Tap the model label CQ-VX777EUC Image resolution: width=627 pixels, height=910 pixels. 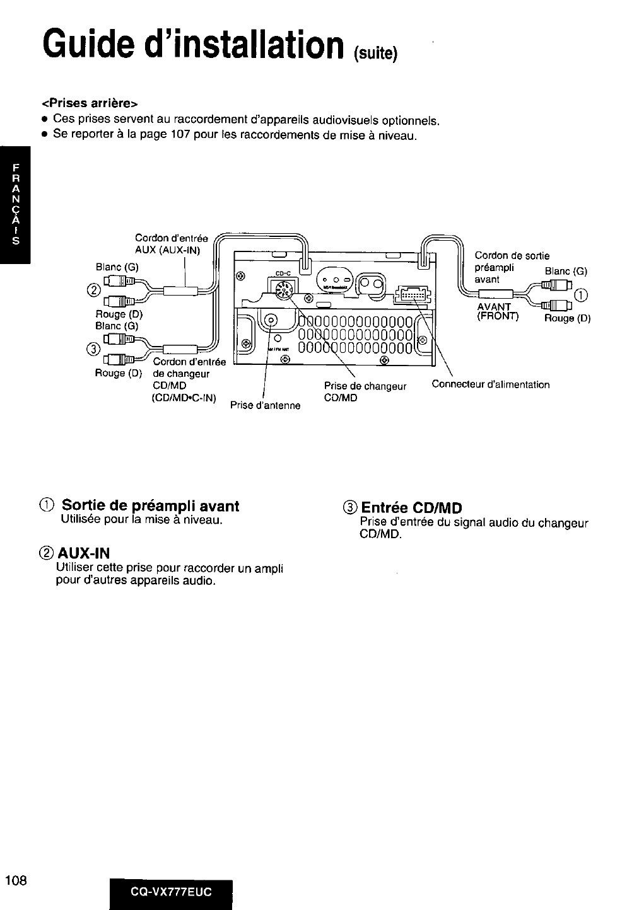click(x=171, y=892)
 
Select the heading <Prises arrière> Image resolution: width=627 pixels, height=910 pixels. click(x=90, y=102)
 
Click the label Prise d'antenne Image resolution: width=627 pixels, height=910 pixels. click(x=265, y=405)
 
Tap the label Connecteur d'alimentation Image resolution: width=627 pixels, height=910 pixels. click(x=490, y=384)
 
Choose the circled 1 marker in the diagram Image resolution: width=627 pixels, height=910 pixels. click(x=582, y=296)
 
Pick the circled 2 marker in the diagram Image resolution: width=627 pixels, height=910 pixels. click(x=94, y=290)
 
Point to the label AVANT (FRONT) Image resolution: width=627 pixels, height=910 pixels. click(x=496, y=312)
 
